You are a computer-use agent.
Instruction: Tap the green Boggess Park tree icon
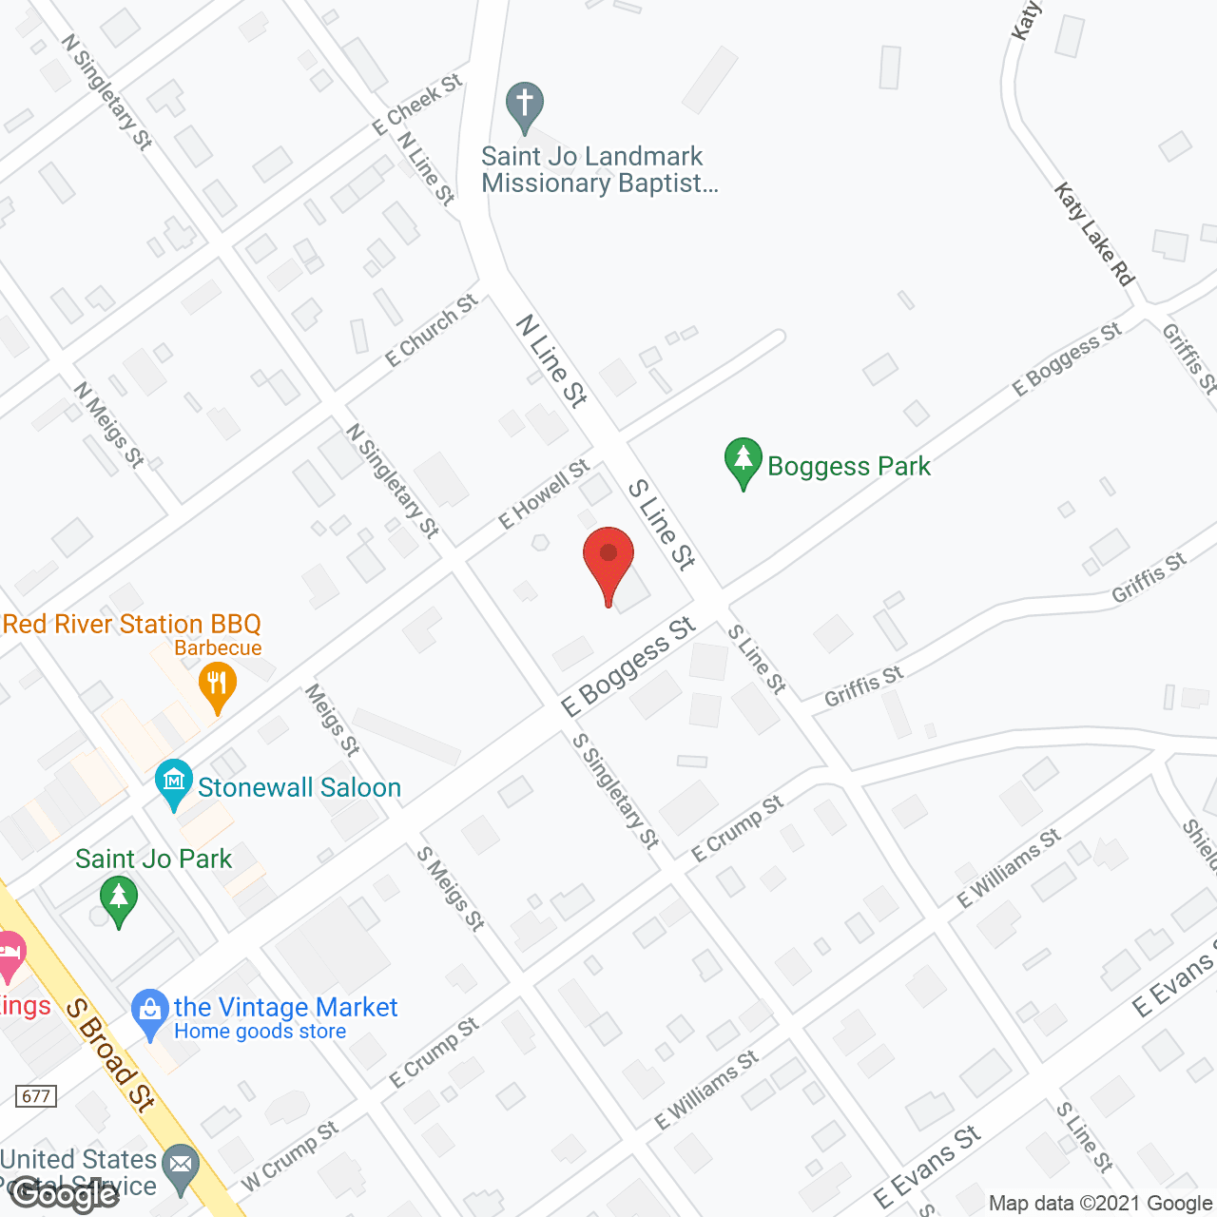(x=744, y=462)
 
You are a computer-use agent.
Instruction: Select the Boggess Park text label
(x=849, y=466)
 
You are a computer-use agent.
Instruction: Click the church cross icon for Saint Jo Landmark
(x=524, y=106)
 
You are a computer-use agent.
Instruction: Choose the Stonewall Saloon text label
(x=299, y=787)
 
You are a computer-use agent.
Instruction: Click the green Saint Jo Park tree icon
(x=119, y=900)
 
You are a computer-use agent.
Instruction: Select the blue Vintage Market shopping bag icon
(x=149, y=1014)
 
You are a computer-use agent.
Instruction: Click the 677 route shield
(x=36, y=1096)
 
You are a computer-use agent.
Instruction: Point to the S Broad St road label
(x=110, y=1054)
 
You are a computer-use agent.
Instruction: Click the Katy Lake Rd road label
(x=1094, y=234)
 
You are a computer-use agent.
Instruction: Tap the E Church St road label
(x=432, y=330)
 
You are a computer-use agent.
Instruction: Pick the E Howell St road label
(x=545, y=493)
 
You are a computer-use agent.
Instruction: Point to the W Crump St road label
(x=290, y=1155)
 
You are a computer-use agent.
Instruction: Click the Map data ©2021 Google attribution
(x=1100, y=1204)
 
